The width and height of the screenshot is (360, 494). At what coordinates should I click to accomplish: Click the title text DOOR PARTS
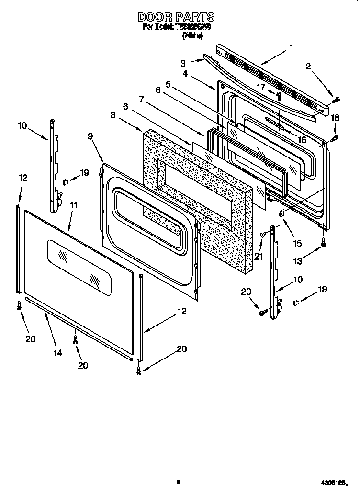point(176,17)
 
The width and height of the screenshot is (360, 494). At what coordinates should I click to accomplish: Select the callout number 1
point(291,48)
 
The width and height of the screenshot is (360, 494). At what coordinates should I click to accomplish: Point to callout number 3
point(183,63)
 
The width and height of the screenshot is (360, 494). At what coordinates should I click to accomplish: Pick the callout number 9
point(91,136)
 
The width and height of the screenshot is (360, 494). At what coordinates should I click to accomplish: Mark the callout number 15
point(297,243)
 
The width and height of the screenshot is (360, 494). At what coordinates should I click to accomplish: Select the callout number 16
point(302,139)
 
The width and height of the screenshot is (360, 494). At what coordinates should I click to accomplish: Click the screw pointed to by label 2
point(337,100)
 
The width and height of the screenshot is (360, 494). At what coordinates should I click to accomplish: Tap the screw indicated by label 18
point(335,138)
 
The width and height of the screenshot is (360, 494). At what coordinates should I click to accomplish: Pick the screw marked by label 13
point(324,242)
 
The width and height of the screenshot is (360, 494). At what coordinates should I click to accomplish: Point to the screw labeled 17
point(279,95)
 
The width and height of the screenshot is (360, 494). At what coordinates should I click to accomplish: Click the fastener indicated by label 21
point(263,235)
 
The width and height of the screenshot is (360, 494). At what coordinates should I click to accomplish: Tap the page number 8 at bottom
point(178,482)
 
